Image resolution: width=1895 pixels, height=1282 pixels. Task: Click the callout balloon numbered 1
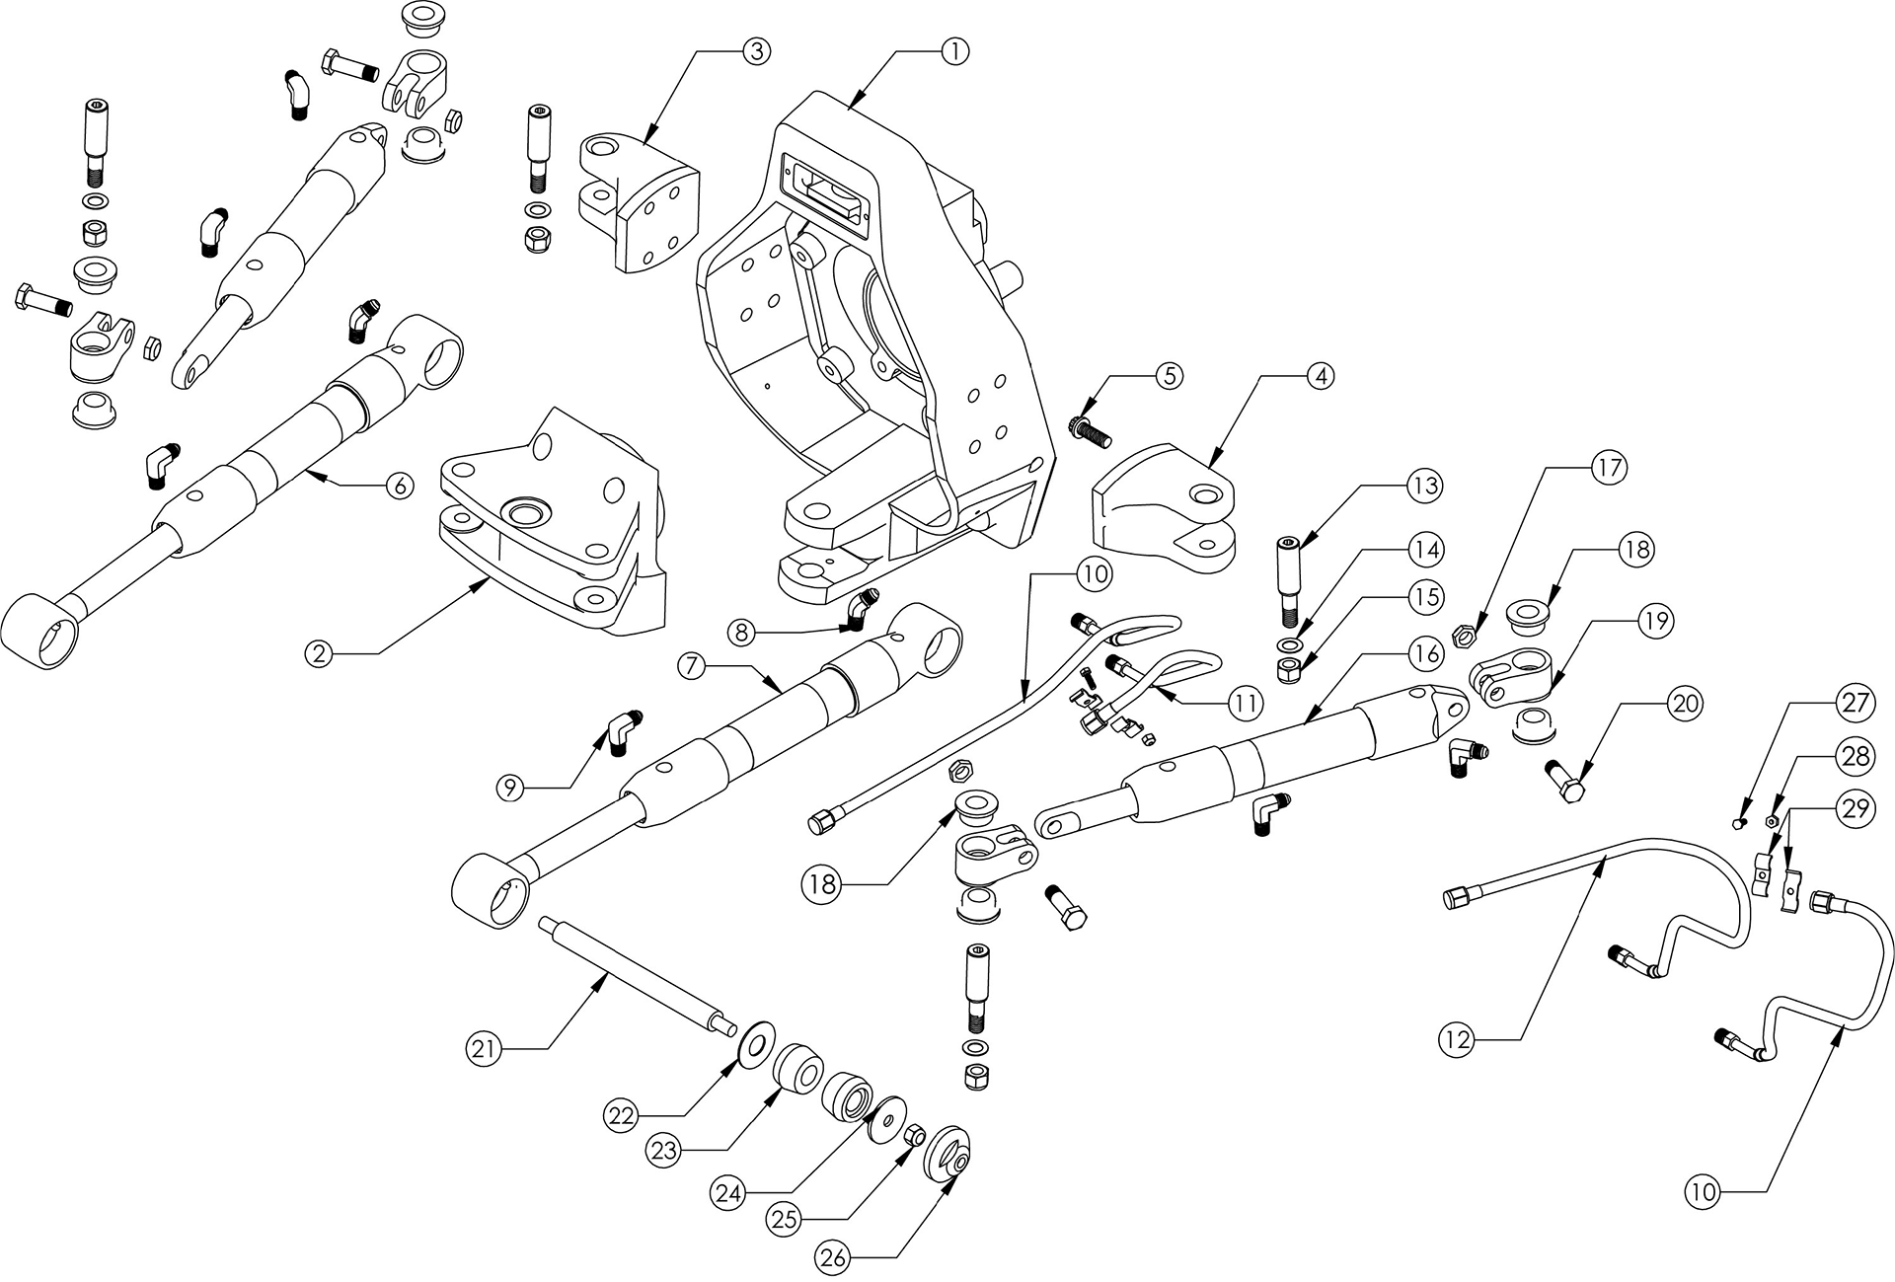click(x=955, y=51)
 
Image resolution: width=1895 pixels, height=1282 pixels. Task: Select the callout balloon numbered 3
click(x=754, y=51)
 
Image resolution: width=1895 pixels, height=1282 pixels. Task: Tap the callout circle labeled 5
click(x=1169, y=376)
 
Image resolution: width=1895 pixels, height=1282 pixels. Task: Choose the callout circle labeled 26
click(x=832, y=1257)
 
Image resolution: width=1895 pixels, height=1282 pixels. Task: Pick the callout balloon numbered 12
click(x=1457, y=1039)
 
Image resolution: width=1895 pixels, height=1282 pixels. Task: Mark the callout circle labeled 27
click(x=1854, y=703)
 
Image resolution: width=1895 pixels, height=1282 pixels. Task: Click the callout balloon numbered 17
click(x=1609, y=467)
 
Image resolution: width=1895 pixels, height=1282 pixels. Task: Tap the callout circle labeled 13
click(x=1424, y=487)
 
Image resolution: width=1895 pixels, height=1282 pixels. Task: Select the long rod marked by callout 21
click(x=637, y=977)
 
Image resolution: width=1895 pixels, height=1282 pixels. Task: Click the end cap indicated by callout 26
click(x=947, y=1152)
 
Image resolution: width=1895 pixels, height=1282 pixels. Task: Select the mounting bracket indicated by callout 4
click(x=1165, y=503)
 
